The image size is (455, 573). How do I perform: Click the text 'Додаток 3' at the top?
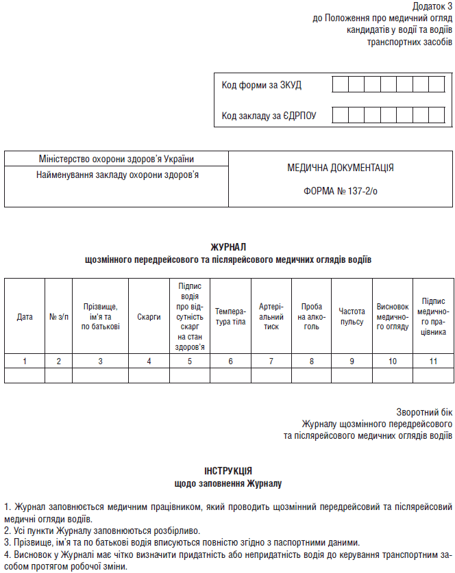(x=432, y=5)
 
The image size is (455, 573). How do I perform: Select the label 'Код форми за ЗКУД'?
(x=262, y=86)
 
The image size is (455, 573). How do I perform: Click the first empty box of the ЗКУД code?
(x=341, y=85)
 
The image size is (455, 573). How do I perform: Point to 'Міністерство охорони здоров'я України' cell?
(x=116, y=159)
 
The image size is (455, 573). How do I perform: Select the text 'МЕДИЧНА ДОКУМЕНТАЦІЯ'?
(x=341, y=168)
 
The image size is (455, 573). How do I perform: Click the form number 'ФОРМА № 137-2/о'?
(x=341, y=191)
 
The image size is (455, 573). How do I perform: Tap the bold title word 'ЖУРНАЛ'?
(x=227, y=247)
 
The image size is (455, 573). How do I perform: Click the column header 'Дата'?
(x=25, y=317)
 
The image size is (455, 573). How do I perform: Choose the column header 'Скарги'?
(x=149, y=317)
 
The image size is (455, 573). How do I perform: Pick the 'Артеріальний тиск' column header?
(x=271, y=317)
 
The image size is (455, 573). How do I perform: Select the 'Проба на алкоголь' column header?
(x=312, y=317)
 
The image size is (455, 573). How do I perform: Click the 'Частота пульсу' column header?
(x=352, y=317)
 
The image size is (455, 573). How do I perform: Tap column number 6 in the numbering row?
(x=230, y=361)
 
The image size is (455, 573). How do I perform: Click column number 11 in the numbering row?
(x=433, y=361)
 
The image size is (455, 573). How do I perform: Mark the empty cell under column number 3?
(x=101, y=375)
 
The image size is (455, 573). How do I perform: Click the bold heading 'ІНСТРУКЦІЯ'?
(x=228, y=471)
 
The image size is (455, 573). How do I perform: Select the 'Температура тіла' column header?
(x=230, y=317)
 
